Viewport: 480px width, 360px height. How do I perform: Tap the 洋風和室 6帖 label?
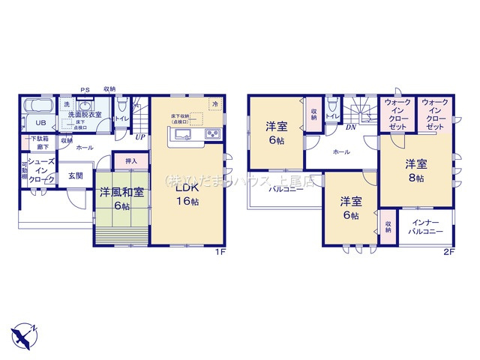point(121,197)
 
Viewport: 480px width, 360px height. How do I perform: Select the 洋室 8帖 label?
point(416,170)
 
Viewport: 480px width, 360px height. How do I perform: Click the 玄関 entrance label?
point(76,175)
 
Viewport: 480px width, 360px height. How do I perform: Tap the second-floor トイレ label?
point(331,117)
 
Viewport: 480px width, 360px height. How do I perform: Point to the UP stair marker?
point(140,137)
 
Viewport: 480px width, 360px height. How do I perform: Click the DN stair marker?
point(349,128)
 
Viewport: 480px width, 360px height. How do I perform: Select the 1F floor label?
point(220,252)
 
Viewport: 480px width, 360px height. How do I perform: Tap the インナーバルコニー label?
point(424,229)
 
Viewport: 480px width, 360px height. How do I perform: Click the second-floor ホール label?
point(342,151)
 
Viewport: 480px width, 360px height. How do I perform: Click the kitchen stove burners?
point(212,135)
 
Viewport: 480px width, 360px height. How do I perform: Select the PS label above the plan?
point(84,89)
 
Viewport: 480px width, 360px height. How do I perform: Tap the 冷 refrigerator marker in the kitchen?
point(215,103)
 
